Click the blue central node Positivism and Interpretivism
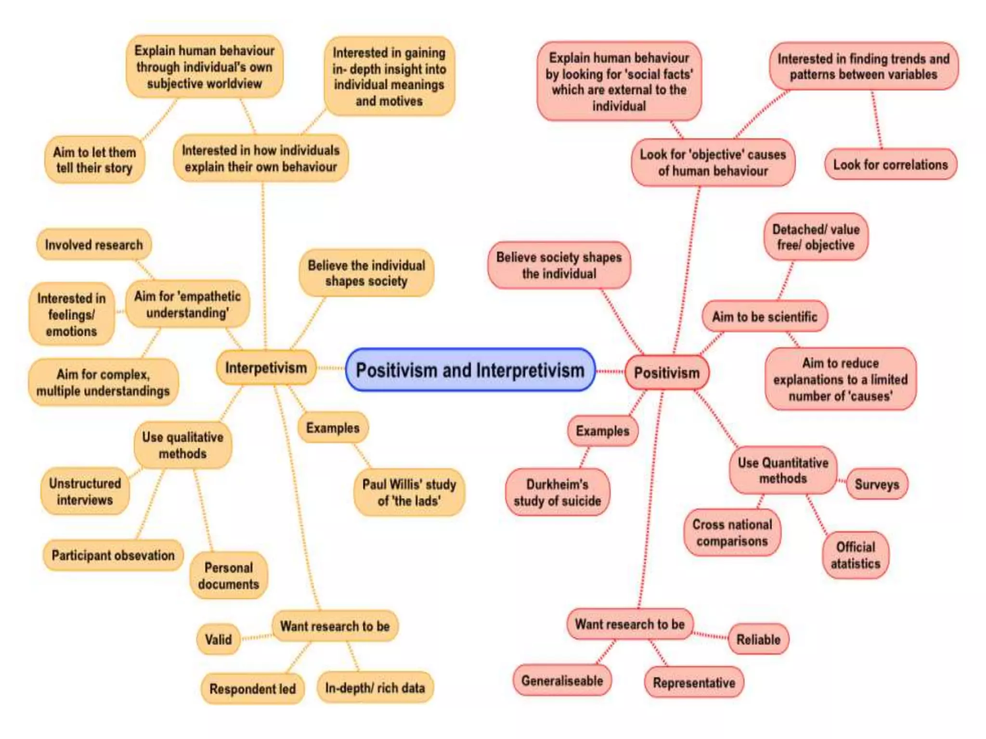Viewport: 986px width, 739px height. coord(470,370)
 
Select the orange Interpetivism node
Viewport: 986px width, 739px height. coord(266,368)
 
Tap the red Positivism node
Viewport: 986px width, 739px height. coord(666,372)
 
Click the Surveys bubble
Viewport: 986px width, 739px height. coord(877,484)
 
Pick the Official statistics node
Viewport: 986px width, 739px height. coord(856,555)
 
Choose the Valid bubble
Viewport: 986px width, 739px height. coord(218,639)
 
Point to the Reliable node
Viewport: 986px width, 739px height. coord(758,639)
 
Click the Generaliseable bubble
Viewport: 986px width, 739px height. coord(562,680)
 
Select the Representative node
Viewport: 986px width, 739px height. coord(694,682)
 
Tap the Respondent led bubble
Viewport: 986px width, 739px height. coord(252,688)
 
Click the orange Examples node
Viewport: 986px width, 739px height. coord(333,428)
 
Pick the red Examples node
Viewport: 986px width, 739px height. coord(602,431)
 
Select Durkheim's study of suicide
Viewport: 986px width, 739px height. coord(557,492)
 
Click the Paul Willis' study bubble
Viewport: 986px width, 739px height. coord(409,492)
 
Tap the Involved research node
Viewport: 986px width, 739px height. coord(94,244)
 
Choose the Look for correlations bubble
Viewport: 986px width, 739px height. coord(890,165)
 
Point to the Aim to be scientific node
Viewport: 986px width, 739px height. coord(765,317)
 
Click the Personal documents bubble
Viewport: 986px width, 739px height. coord(229,575)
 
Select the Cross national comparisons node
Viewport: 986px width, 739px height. coord(732,533)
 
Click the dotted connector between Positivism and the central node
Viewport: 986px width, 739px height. coord(610,371)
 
